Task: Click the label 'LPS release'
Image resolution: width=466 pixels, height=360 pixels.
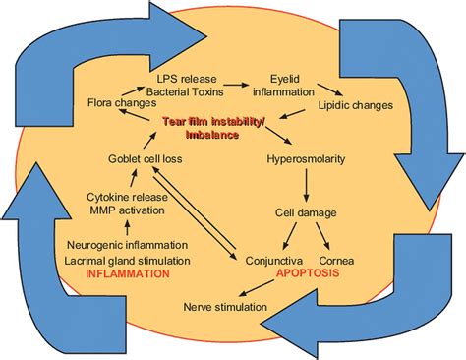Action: click(187, 76)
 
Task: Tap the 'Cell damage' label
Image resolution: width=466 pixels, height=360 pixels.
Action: click(305, 211)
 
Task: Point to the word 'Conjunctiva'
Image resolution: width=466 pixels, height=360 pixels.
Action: click(272, 260)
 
